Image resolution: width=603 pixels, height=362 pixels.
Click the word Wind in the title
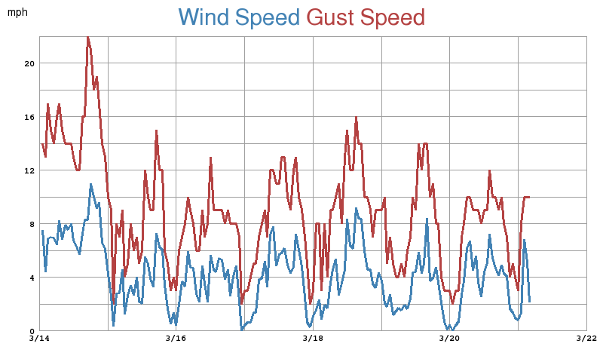click(x=204, y=17)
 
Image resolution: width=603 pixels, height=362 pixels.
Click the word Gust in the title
click(x=331, y=17)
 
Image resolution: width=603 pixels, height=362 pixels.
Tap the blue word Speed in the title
click(x=268, y=17)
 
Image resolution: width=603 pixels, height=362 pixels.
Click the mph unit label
click(x=17, y=13)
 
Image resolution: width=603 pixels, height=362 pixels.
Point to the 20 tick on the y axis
click(x=29, y=63)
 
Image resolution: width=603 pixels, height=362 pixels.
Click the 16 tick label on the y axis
click(x=29, y=117)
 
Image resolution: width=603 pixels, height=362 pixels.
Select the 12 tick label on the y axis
click(x=29, y=170)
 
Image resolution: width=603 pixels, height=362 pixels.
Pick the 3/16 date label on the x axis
click(x=176, y=339)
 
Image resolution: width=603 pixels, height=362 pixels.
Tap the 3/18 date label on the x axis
click(x=313, y=339)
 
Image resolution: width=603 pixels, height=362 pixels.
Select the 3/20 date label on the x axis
click(x=449, y=339)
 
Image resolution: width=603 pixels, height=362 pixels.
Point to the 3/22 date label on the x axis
click(x=586, y=339)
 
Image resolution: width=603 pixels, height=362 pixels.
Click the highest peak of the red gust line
click(x=87, y=37)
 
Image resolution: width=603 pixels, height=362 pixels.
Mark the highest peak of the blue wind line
click(x=91, y=184)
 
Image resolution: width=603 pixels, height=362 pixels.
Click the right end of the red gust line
click(x=529, y=197)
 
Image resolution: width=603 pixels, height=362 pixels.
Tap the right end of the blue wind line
click(x=530, y=301)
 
